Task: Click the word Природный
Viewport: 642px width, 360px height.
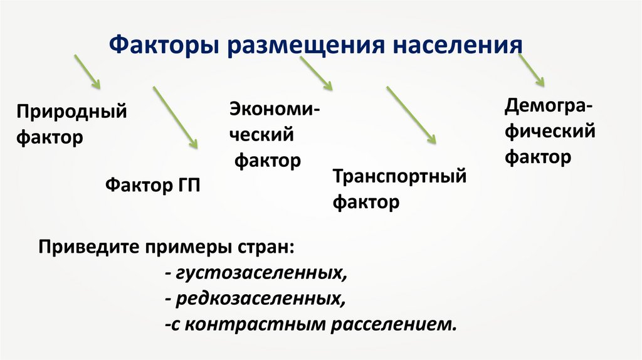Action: click(x=71, y=113)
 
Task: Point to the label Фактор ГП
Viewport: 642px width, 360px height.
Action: click(x=153, y=185)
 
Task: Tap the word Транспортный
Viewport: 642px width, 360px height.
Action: click(x=399, y=176)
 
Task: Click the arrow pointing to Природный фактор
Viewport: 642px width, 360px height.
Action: click(x=87, y=71)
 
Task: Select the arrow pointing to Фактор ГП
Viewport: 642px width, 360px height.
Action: click(x=176, y=117)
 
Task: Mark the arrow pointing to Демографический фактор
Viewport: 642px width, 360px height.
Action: click(x=531, y=68)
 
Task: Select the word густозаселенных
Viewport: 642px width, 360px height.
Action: click(x=261, y=273)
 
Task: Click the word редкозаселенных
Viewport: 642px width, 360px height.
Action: click(x=260, y=299)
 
